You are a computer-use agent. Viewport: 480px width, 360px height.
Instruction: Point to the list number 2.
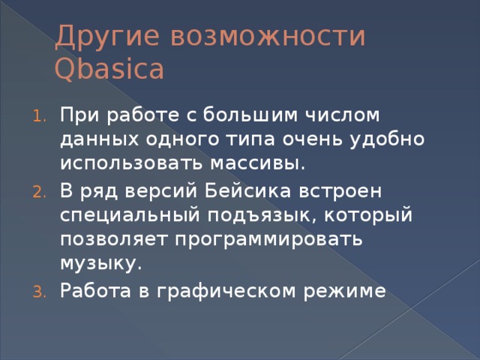[40, 193]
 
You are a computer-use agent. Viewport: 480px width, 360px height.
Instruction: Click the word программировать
[269, 240]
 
